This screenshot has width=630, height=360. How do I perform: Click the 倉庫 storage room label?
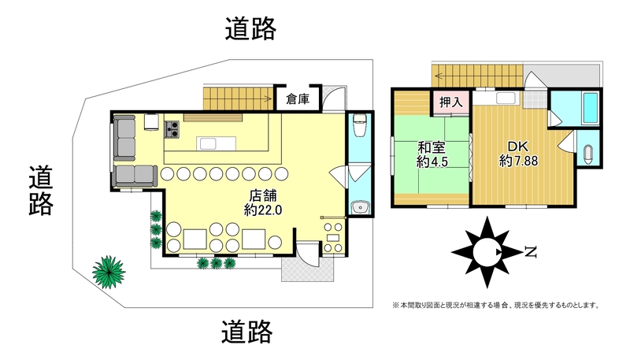click(x=298, y=99)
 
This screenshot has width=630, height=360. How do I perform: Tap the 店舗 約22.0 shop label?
click(x=263, y=203)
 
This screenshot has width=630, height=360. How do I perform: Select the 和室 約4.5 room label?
click(x=432, y=154)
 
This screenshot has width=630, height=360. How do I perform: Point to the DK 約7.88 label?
click(x=518, y=154)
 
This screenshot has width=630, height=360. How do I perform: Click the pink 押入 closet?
click(x=450, y=102)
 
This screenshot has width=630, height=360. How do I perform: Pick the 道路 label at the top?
click(x=250, y=28)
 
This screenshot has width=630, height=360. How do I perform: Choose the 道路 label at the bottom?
click(x=247, y=332)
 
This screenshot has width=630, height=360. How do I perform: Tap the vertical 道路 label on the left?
click(x=41, y=191)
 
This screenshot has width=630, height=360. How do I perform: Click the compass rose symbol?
click(x=487, y=252)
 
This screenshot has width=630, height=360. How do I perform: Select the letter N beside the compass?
click(x=531, y=252)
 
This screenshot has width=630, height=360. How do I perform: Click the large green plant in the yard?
click(x=109, y=272)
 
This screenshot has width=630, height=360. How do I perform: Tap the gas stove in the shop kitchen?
click(x=172, y=130)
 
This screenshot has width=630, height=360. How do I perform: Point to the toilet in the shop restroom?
click(x=360, y=124)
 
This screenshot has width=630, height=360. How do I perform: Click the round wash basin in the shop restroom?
click(x=360, y=207)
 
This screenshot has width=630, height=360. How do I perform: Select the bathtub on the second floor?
click(x=591, y=108)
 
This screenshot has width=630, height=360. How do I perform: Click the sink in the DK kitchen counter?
click(x=506, y=98)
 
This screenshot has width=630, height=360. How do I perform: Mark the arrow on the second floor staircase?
click(x=440, y=75)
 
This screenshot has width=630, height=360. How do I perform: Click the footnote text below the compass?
click(x=496, y=306)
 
